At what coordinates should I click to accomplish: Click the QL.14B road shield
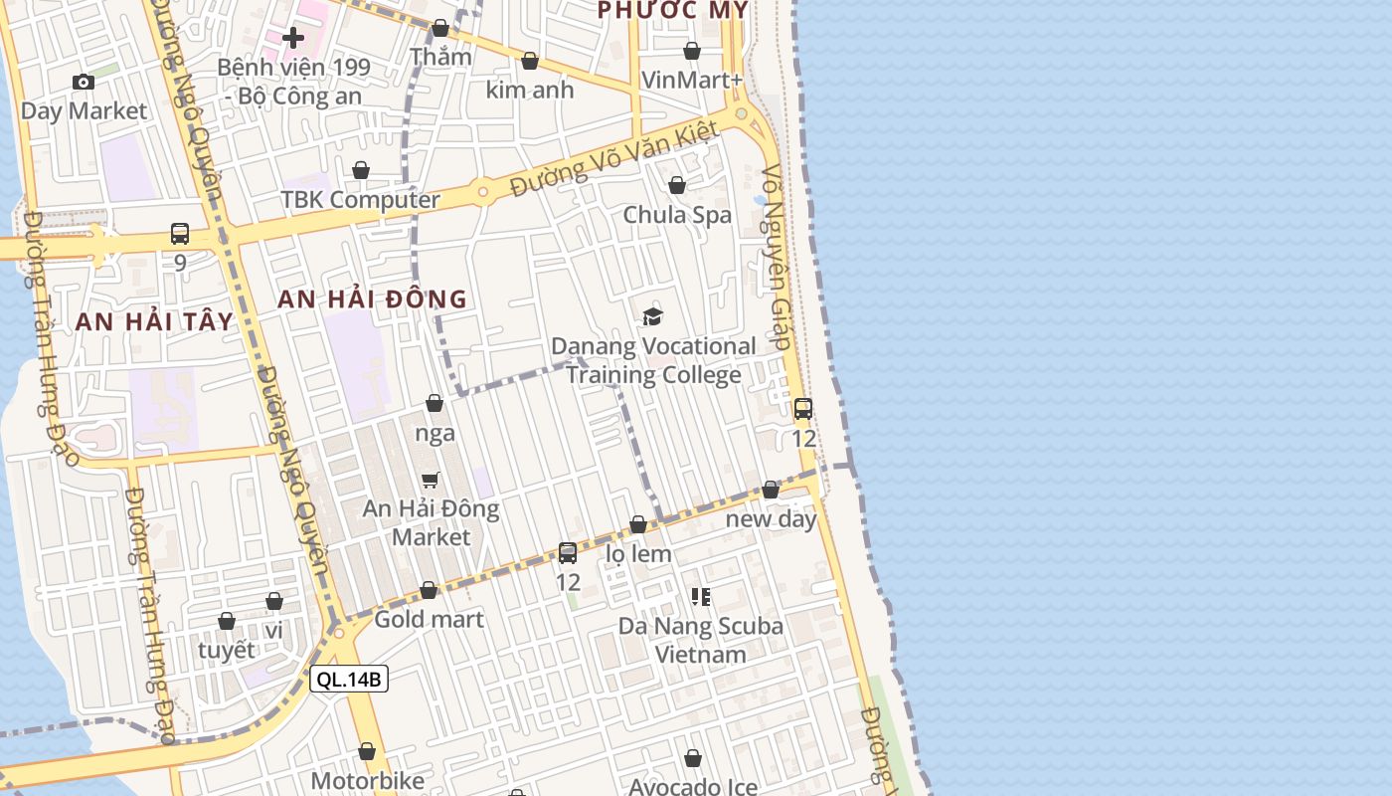[x=348, y=680]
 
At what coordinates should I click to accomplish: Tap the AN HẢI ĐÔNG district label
[x=372, y=298]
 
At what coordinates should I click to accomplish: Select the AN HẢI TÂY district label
[x=154, y=321]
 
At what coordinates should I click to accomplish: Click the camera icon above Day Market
[x=84, y=82]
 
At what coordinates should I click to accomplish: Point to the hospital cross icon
[x=293, y=39]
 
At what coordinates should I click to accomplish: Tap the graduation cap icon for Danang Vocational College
[x=652, y=316]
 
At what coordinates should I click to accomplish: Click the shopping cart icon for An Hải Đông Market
[x=431, y=480]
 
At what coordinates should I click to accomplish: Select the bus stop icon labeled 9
[x=180, y=234]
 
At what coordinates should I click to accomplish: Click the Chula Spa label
[x=677, y=215]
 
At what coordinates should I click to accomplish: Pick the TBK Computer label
[x=360, y=200]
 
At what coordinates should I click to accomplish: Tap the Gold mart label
[x=429, y=620]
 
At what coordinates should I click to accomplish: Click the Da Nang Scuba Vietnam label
[x=701, y=640]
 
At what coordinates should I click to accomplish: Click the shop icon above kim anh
[x=530, y=62]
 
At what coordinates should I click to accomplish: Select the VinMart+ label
[x=692, y=80]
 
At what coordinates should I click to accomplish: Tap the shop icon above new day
[x=771, y=490]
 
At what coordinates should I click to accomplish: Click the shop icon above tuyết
[x=227, y=621]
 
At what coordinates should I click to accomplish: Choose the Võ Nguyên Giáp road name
[x=777, y=257]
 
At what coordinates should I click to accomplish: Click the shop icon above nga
[x=435, y=403]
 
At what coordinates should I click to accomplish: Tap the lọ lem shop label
[x=638, y=554]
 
